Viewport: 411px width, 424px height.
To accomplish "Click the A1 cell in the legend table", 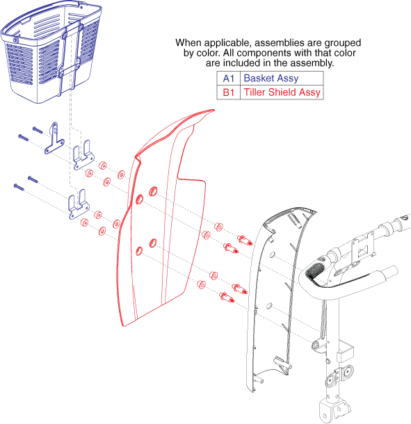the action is click(228, 79).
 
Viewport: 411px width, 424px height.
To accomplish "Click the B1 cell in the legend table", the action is click(228, 92).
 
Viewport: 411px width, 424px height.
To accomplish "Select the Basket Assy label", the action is click(271, 78).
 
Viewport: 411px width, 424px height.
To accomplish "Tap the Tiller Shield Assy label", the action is click(282, 92).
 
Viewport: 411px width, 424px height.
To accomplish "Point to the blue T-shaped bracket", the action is click(54, 138).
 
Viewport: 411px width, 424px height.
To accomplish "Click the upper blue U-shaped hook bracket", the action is click(83, 156).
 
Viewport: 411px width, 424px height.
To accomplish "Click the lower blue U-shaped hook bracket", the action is click(79, 205).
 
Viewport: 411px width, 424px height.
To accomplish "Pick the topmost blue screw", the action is click(38, 130).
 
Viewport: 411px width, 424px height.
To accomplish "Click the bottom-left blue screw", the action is click(19, 187).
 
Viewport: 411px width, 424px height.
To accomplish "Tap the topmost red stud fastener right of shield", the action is click(245, 240).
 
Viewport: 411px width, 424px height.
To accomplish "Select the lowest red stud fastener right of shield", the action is click(227, 297).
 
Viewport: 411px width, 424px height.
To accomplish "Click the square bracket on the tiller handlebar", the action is click(363, 250).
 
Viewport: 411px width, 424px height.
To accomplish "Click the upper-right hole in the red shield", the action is click(154, 191).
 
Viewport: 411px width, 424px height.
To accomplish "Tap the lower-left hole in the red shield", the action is click(139, 251).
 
